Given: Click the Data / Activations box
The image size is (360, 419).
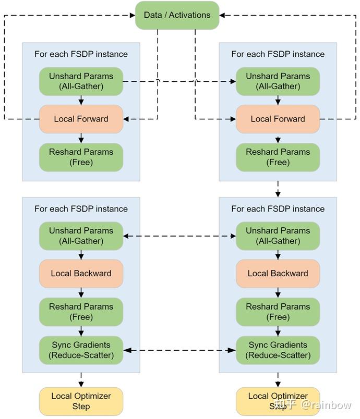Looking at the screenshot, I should point(177,15).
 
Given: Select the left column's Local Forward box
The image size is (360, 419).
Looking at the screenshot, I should point(81,119).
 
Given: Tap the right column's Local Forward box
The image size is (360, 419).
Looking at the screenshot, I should point(278,119).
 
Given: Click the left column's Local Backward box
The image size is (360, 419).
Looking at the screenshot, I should point(81,274).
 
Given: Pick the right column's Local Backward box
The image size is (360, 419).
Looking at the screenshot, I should point(278,274).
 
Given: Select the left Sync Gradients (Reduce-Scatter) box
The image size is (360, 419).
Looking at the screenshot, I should point(81,350).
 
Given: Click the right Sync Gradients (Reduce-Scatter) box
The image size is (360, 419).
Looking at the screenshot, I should point(278,350).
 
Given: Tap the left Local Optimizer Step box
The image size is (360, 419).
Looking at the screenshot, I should point(81,401).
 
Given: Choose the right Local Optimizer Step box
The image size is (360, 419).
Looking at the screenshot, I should point(278,401).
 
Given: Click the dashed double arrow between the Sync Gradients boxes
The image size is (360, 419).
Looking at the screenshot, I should point(179,350).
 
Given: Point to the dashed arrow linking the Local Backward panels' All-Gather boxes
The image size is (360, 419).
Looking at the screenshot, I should point(179,236).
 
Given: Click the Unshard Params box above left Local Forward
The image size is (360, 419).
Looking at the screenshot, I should point(81,81).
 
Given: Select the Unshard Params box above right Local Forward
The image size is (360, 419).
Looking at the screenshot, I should point(278,81).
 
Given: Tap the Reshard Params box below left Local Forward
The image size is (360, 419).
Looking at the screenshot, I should point(81,157).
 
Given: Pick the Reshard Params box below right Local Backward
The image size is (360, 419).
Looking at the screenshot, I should point(278,312).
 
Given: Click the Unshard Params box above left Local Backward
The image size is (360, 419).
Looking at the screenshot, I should point(81,236).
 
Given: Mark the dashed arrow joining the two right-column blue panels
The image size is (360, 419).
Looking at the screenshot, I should point(278,189).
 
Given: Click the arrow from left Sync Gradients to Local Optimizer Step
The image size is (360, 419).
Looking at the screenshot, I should point(81,379).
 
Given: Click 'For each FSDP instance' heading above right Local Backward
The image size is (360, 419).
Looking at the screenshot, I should point(278,209).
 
